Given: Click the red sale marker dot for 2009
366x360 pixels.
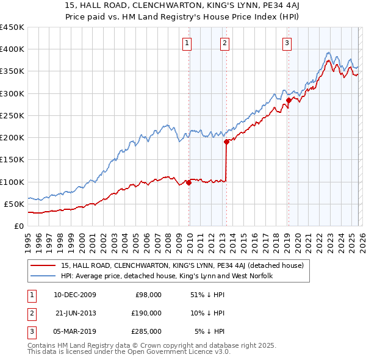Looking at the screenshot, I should point(188,182).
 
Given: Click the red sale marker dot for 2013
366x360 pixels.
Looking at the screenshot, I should point(226,142).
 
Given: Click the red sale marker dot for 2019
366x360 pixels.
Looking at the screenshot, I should point(288,100).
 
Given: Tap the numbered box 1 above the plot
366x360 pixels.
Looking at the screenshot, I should point(187,43).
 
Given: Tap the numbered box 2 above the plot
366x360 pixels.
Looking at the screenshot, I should point(224,43).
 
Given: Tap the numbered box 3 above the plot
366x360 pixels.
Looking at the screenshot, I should point(286,43).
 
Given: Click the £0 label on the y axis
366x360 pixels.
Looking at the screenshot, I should point(18,226).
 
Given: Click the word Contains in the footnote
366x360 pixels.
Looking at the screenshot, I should point(43,345).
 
